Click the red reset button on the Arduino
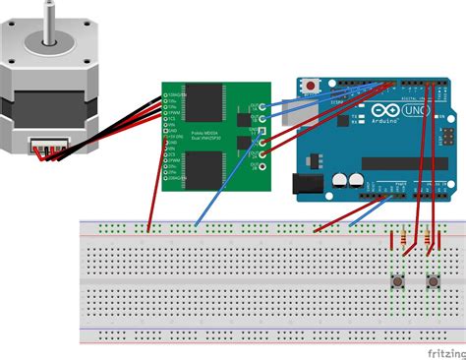(314, 86)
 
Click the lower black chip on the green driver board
(209, 168)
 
